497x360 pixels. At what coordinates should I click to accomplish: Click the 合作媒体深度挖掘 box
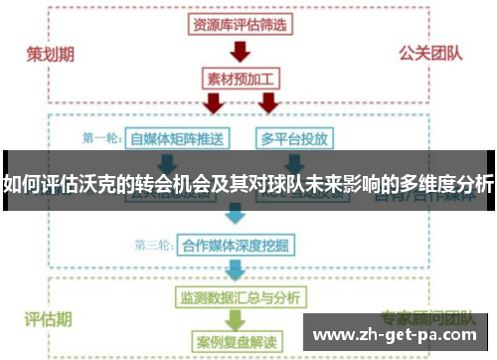235,243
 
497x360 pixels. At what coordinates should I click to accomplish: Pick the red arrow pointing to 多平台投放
268,103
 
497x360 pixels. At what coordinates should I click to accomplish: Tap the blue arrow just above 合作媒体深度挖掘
236,214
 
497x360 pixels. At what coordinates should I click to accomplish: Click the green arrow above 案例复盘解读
236,320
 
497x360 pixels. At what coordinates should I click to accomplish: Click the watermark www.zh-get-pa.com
397,333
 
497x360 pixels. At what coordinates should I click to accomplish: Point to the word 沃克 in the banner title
95,182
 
